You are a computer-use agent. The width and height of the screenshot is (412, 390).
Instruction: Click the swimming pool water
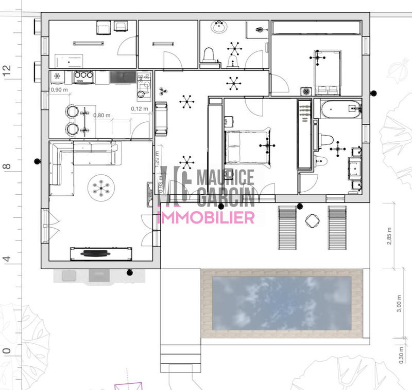(282, 304)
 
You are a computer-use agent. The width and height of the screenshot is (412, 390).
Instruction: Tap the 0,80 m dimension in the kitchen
(102, 115)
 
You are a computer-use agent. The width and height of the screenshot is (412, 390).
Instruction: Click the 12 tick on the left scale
(7, 71)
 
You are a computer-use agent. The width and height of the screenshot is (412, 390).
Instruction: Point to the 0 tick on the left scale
(7, 351)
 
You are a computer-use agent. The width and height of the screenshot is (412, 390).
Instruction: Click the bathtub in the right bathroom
(340, 109)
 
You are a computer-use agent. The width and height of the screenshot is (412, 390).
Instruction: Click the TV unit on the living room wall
(96, 253)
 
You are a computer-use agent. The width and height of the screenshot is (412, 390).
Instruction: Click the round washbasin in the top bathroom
(219, 28)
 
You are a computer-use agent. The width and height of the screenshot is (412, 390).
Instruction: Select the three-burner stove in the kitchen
(83, 78)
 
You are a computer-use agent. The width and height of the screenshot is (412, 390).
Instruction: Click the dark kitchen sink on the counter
(122, 77)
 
